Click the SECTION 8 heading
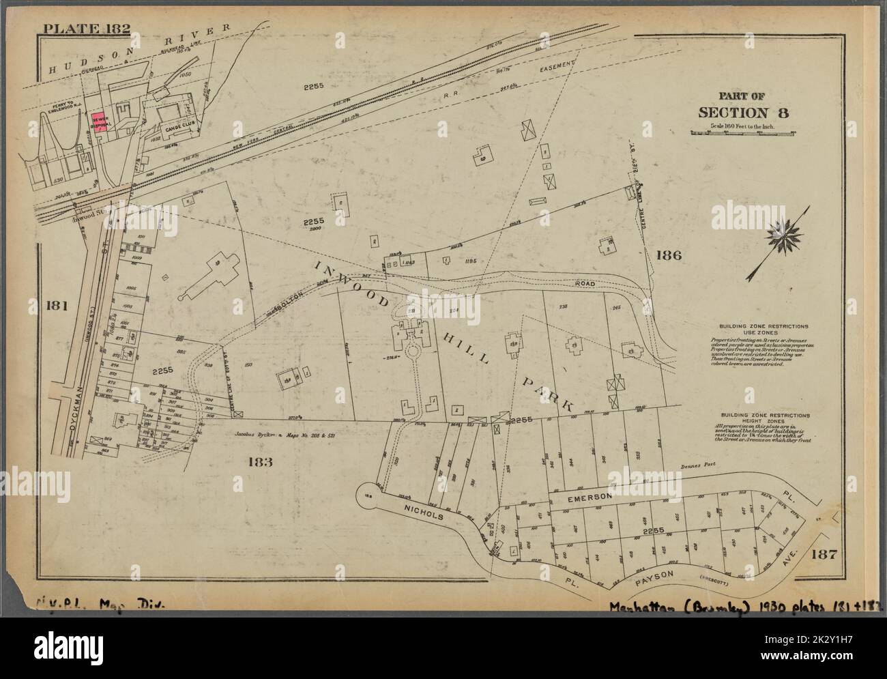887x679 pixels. point(743,113)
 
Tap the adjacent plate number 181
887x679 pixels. point(56,306)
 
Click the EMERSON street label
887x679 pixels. point(586,500)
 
